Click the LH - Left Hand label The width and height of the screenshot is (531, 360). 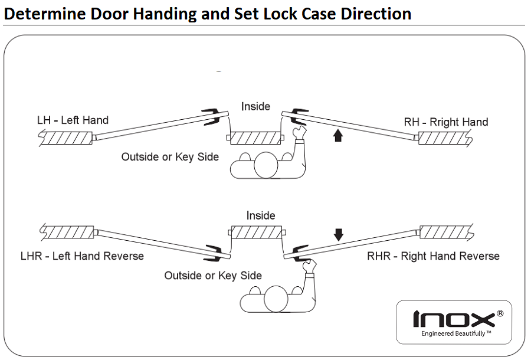(73, 120)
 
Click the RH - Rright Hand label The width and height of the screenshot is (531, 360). (446, 122)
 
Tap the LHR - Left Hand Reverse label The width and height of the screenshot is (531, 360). (82, 256)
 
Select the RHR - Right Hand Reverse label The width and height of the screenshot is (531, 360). (433, 256)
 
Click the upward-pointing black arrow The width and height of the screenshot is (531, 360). (337, 136)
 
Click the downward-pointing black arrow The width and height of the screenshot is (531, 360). (338, 234)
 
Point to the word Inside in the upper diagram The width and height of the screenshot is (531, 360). (255, 107)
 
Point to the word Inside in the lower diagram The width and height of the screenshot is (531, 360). (261, 216)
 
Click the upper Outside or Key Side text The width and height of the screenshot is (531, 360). (170, 157)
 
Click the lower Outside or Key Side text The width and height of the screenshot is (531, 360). (213, 276)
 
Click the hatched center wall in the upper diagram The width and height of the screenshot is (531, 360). (255, 138)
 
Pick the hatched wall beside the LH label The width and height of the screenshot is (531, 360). (65, 138)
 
